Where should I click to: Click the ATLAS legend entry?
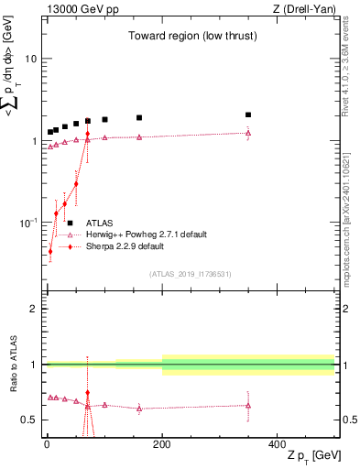pyautogui.click(x=100, y=223)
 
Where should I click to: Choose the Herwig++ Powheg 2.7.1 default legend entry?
pyautogui.click(x=147, y=234)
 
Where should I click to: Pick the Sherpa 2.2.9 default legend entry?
pyautogui.click(x=125, y=246)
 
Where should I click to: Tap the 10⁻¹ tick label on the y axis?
pyautogui.click(x=28, y=223)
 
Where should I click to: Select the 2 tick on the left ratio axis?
pyautogui.click(x=34, y=309)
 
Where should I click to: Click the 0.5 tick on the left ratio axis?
pyautogui.click(x=29, y=420)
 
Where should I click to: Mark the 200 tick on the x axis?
pyautogui.click(x=162, y=443)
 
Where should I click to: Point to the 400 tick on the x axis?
pyautogui.click(x=278, y=443)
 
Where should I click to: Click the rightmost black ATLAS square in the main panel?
pyautogui.click(x=248, y=115)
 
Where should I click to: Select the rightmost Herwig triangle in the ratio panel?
pyautogui.click(x=248, y=405)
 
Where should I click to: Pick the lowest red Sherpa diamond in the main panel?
pyautogui.click(x=50, y=251)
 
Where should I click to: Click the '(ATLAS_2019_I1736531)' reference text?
pyautogui.click(x=191, y=273)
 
